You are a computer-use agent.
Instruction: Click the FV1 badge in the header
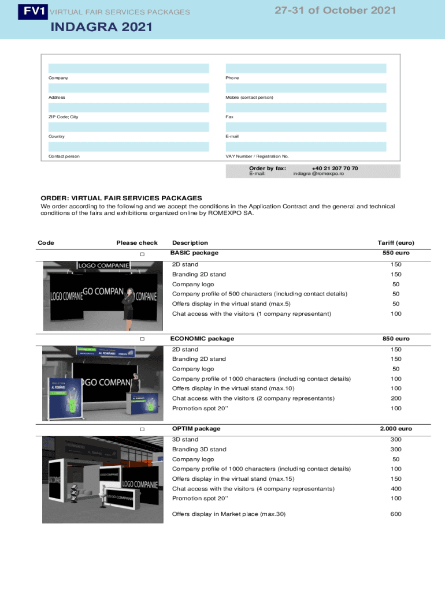click(x=32, y=11)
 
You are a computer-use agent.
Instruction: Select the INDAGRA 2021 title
click(x=102, y=27)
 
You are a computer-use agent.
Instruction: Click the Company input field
click(x=128, y=68)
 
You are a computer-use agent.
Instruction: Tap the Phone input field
click(x=306, y=68)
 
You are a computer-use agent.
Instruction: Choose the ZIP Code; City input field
click(x=128, y=107)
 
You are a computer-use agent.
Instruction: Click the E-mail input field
click(x=306, y=127)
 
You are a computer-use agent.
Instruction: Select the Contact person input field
click(x=128, y=147)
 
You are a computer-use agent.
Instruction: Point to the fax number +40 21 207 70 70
click(x=335, y=168)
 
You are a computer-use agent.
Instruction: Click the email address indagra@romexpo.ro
click(x=318, y=174)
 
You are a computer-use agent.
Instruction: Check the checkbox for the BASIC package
click(x=142, y=255)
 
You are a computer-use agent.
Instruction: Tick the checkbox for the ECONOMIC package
click(x=142, y=339)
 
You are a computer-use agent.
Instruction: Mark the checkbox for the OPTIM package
click(x=142, y=429)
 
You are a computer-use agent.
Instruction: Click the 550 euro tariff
click(x=396, y=253)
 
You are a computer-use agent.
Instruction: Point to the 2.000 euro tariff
click(x=396, y=429)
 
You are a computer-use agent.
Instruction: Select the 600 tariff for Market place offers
click(x=396, y=514)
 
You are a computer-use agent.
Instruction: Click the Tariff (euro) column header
click(x=396, y=243)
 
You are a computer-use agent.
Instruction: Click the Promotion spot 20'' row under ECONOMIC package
click(x=200, y=408)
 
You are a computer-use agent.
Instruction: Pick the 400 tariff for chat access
click(x=396, y=488)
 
